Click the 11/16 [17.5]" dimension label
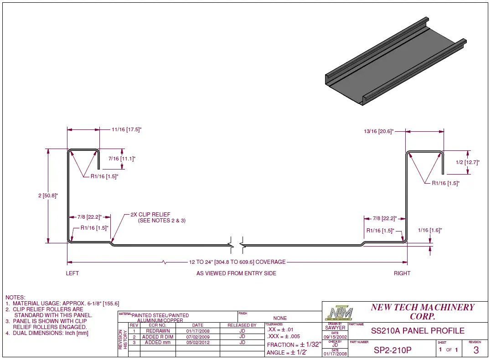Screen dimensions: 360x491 tap(127, 129)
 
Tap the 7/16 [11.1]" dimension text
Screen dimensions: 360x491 tap(122, 159)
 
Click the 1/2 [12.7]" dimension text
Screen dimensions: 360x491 tap(467, 162)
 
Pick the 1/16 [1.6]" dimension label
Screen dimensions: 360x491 tap(430, 231)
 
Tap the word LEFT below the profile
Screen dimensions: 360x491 tap(72, 273)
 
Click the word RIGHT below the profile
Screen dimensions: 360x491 tap(402, 273)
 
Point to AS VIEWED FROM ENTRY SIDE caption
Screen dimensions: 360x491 tap(236, 273)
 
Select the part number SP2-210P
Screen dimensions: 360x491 tap(393, 350)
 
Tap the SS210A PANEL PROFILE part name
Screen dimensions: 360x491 tap(418, 331)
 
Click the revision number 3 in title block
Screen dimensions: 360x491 tap(476, 350)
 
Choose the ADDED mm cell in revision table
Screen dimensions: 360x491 tap(157, 342)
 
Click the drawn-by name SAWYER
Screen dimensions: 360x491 tap(335, 328)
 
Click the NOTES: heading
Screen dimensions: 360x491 tap(16, 297)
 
